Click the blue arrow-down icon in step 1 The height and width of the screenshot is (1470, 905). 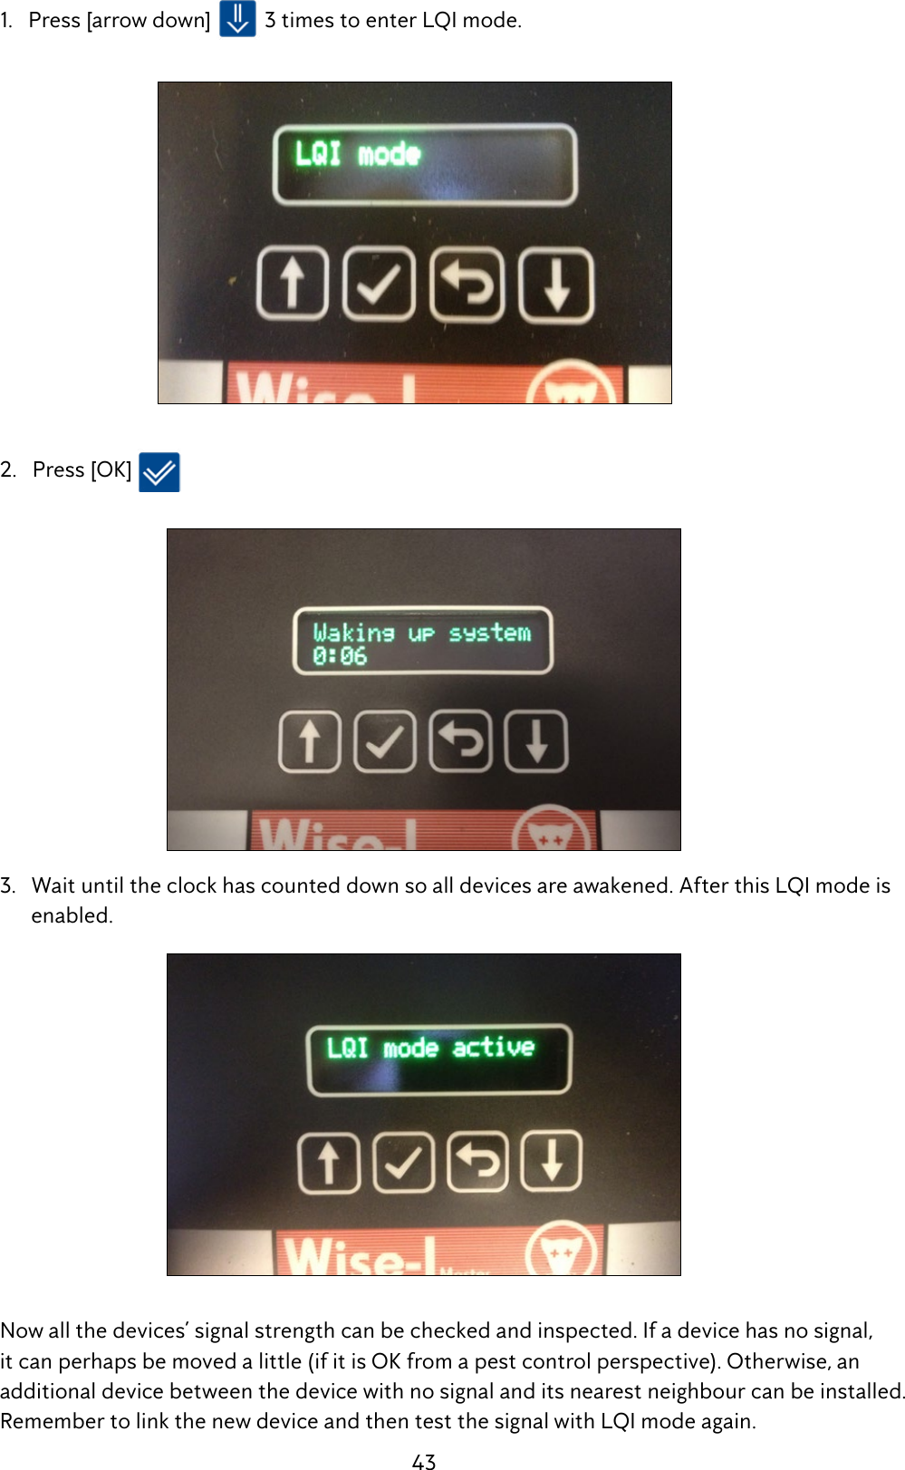[237, 19]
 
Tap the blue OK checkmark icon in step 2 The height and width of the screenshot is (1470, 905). [159, 472]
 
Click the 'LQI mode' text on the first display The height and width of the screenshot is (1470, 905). [358, 154]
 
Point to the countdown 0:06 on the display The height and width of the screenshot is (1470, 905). [340, 656]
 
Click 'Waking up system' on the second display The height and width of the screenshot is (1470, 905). [422, 633]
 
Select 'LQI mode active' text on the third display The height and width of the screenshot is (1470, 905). [430, 1048]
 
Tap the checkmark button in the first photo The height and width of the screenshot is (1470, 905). [379, 285]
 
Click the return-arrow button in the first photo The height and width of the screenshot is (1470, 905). [467, 285]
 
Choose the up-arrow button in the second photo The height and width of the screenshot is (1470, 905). [310, 741]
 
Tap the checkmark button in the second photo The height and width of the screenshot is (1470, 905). [385, 741]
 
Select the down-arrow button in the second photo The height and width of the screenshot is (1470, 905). [536, 741]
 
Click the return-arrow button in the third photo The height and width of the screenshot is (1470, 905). [477, 1161]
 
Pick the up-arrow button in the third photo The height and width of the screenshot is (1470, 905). [329, 1161]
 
